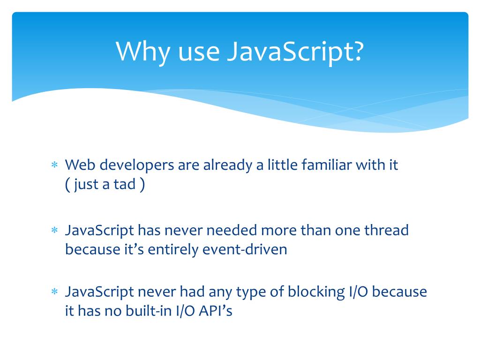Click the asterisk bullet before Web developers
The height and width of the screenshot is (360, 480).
tap(54, 165)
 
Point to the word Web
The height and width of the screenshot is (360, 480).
tap(79, 165)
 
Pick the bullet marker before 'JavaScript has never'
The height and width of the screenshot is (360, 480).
tap(54, 231)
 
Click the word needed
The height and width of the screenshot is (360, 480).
tap(232, 231)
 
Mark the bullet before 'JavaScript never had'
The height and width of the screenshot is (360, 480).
tap(54, 292)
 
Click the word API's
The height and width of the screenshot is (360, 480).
tap(215, 311)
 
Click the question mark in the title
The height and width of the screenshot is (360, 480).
tap(357, 51)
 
